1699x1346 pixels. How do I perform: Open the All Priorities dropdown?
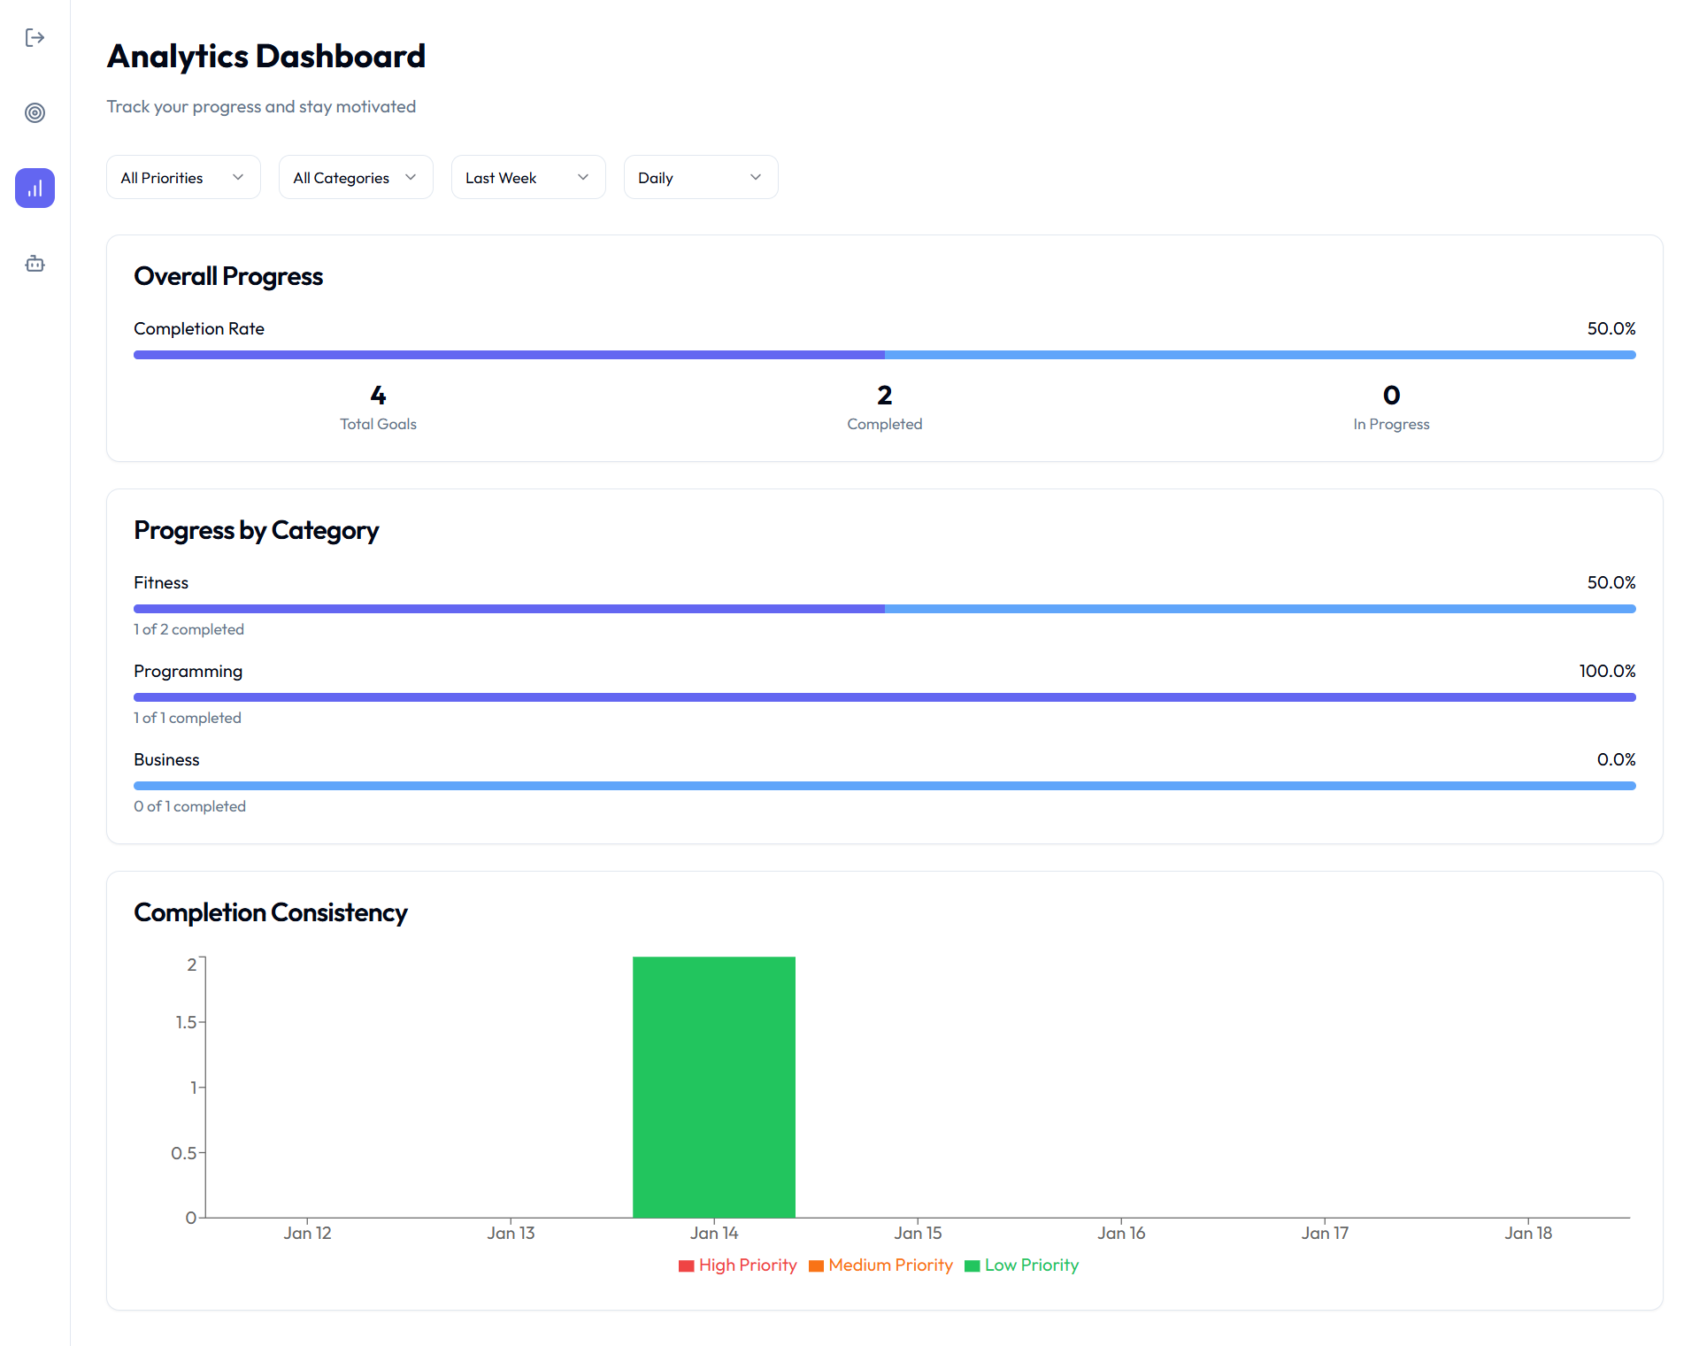183,178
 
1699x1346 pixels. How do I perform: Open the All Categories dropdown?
356,178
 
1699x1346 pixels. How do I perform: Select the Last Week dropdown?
528,178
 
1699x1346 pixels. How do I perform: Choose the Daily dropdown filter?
701,178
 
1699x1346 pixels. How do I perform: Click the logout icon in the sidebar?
35,37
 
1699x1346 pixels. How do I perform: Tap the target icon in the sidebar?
35,112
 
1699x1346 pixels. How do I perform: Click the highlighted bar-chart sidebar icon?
35,188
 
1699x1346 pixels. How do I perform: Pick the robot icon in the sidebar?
35,264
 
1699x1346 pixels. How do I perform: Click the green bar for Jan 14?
714,1087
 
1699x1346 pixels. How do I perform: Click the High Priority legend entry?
738,1265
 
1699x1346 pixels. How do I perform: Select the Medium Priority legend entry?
881,1265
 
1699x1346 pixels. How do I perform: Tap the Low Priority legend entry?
1022,1265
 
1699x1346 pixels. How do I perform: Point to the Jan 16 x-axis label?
1121,1233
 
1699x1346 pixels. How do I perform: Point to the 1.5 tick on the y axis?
186,1022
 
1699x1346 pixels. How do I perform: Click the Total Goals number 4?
378,396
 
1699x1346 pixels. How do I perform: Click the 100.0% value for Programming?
1607,671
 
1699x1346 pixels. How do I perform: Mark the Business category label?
166,759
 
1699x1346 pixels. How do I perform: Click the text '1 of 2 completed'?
188,629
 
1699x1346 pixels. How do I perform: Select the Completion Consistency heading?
270,912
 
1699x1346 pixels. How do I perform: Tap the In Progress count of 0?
1391,396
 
